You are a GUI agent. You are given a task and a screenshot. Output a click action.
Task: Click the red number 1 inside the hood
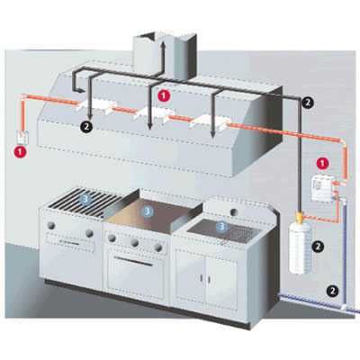point(164,95)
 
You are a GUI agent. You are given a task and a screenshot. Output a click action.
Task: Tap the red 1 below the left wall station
point(20,151)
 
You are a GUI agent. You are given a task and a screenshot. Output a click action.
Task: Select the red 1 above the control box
point(323,164)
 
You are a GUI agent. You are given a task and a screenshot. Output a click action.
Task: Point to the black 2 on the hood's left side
point(86,127)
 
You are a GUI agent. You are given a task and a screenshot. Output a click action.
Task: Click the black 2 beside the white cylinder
point(319,247)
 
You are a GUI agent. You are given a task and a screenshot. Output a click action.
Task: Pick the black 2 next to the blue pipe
point(332,290)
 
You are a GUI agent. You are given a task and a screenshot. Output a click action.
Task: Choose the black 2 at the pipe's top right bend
point(308,103)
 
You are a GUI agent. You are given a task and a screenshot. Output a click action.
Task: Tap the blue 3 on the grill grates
point(85,199)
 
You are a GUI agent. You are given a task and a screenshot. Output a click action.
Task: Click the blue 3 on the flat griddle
point(148,211)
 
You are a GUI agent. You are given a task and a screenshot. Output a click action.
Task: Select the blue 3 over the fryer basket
point(221,227)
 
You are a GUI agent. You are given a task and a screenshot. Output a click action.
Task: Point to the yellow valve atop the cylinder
point(300,216)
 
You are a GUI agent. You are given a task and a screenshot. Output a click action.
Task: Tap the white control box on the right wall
point(320,188)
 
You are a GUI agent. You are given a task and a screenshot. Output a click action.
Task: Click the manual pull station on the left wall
point(22,137)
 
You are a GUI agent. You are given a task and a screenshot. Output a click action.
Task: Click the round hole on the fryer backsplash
point(234,211)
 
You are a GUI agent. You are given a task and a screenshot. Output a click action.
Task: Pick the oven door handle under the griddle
point(133,260)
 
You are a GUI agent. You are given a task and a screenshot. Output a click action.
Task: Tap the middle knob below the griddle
point(135,242)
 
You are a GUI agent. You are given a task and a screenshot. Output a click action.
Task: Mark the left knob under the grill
point(51,225)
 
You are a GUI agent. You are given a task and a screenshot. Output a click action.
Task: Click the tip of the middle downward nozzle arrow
point(150,129)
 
